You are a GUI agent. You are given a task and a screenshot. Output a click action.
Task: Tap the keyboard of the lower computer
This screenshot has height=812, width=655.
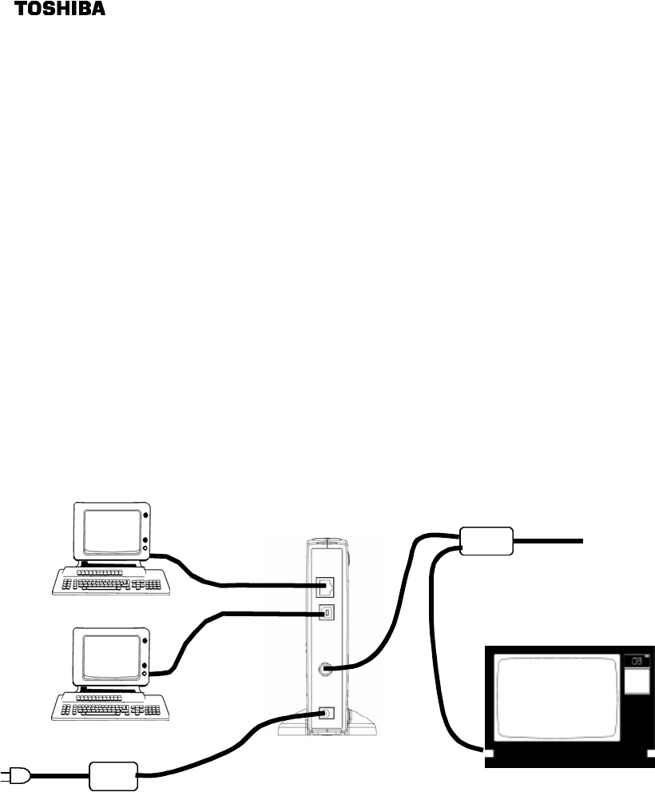click(112, 704)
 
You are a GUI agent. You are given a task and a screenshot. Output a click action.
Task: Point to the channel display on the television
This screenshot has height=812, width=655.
click(636, 661)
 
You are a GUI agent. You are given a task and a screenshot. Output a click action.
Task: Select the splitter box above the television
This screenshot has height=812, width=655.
click(486, 541)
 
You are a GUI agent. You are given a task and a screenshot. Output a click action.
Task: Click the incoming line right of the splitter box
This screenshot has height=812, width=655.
click(551, 541)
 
